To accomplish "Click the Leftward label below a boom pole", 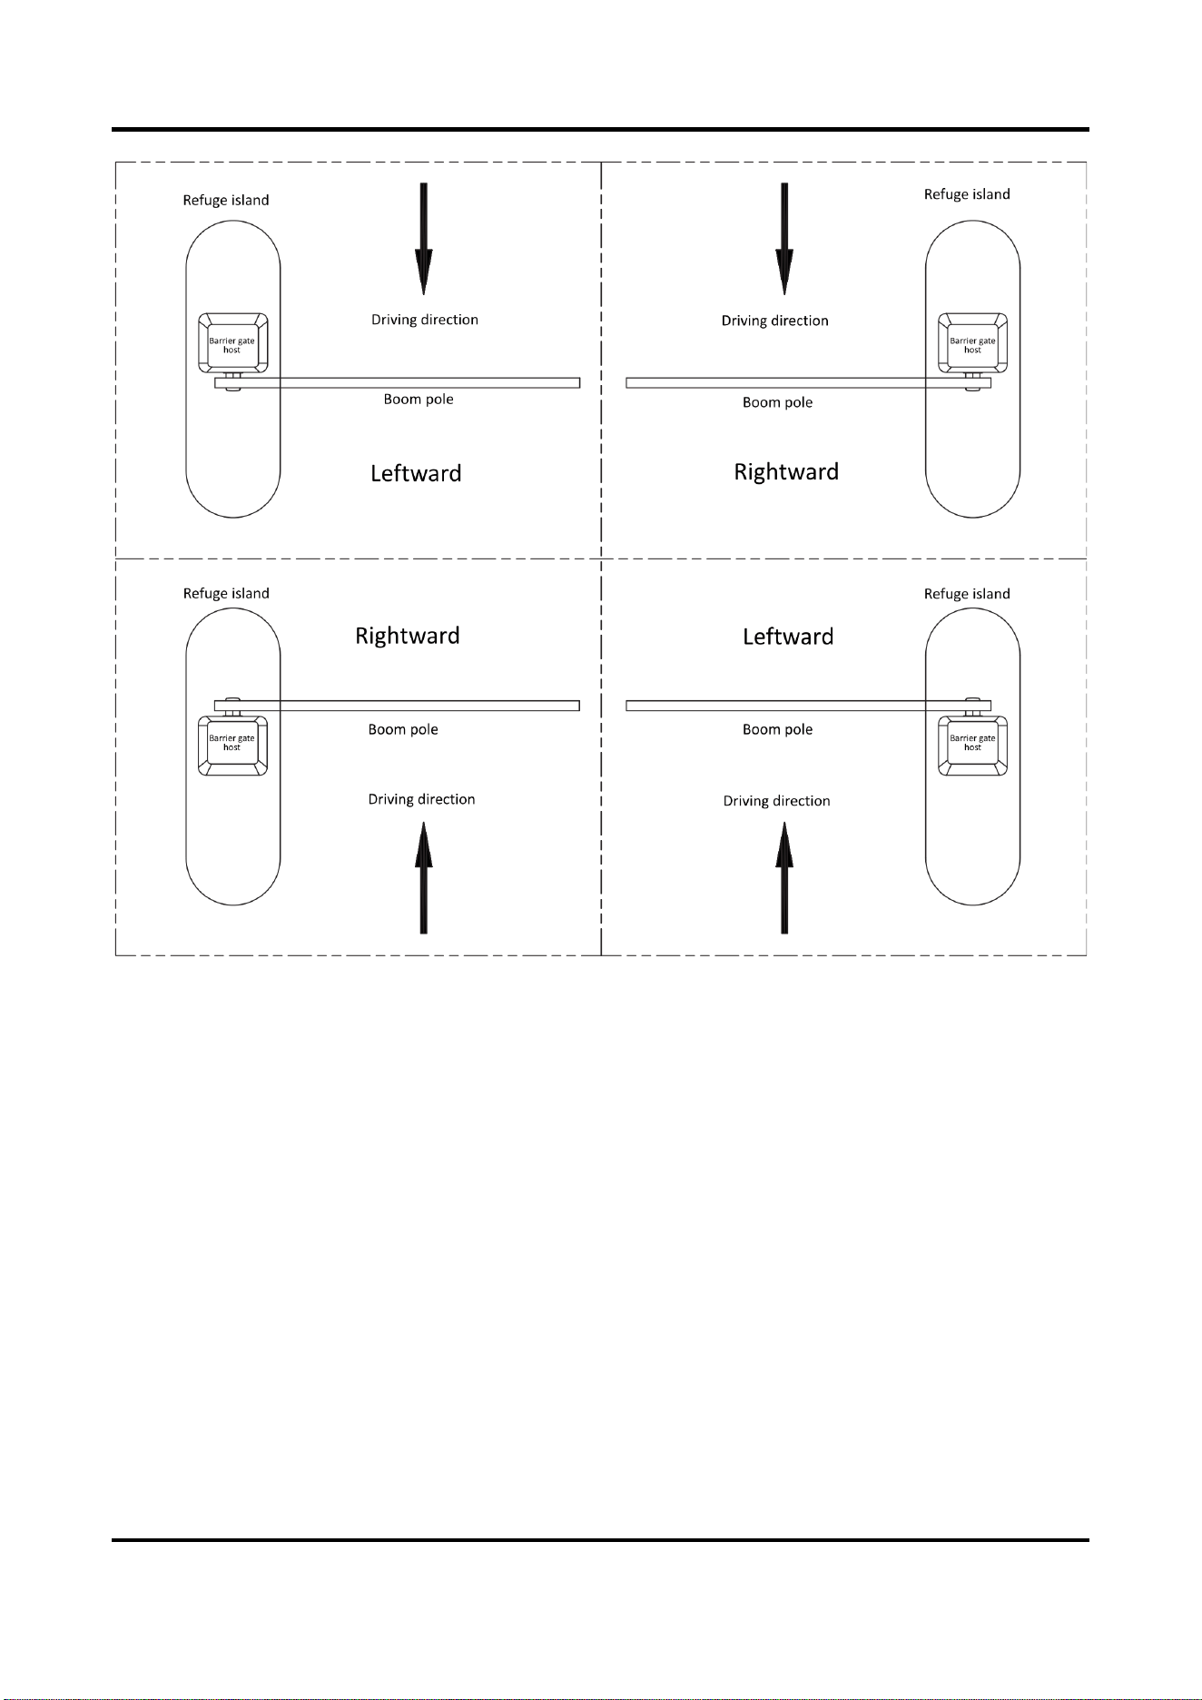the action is pyautogui.click(x=416, y=473).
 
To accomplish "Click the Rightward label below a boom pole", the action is pyautogui.click(x=786, y=472).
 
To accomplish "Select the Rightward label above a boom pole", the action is pyautogui.click(x=408, y=636).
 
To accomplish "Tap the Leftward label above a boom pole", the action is pyautogui.click(x=788, y=637).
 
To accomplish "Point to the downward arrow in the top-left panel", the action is pyautogui.click(x=423, y=238).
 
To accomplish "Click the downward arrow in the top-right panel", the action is pyautogui.click(x=784, y=238).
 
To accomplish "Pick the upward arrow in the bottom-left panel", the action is pyautogui.click(x=423, y=878).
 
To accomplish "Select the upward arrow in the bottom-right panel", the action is pyautogui.click(x=784, y=878).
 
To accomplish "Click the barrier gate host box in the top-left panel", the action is pyautogui.click(x=233, y=343).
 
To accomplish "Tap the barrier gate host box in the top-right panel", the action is pyautogui.click(x=972, y=343).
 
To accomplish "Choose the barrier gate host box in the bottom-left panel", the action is pyautogui.click(x=233, y=745).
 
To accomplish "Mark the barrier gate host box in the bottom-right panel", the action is pyautogui.click(x=972, y=745).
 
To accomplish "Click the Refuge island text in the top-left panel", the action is pyautogui.click(x=226, y=201).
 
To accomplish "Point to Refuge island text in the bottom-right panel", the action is pyautogui.click(x=967, y=594).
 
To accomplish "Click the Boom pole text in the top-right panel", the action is pyautogui.click(x=778, y=402).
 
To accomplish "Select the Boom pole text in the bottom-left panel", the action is pyautogui.click(x=403, y=729).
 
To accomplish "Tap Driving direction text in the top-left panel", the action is pyautogui.click(x=425, y=320).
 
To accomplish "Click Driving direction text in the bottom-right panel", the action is pyautogui.click(x=777, y=801).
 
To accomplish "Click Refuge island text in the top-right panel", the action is pyautogui.click(x=967, y=194).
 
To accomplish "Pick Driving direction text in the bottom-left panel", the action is pyautogui.click(x=421, y=799).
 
